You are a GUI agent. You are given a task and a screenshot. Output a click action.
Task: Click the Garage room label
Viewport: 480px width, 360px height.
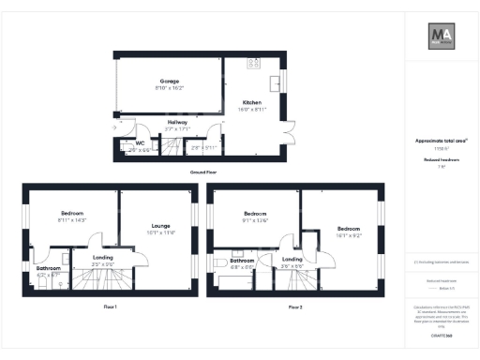click(170, 82)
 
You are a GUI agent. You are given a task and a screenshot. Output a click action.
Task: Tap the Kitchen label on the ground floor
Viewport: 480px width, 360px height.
click(252, 102)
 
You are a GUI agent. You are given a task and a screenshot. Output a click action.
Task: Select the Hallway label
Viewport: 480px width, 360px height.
click(177, 122)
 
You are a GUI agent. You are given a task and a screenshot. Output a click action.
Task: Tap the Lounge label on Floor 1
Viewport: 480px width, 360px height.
click(161, 225)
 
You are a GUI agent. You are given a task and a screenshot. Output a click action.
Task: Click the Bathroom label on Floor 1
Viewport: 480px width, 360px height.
click(49, 268)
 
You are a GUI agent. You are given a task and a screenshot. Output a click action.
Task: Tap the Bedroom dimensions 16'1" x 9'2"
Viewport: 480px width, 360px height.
click(349, 234)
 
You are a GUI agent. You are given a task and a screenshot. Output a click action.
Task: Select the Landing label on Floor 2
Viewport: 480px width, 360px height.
click(292, 259)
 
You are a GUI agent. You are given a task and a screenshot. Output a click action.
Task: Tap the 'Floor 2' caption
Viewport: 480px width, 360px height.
click(295, 307)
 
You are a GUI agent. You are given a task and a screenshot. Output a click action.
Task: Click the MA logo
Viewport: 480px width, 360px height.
click(442, 38)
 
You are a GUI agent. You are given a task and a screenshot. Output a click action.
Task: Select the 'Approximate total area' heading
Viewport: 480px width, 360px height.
click(441, 141)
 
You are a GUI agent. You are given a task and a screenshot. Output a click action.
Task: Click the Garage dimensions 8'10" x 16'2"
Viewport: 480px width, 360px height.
click(170, 88)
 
